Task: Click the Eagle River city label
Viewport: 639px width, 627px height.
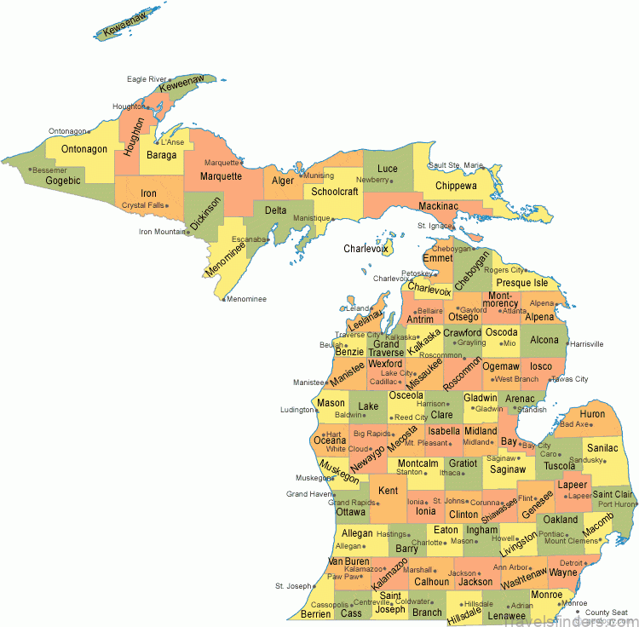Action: click(146, 79)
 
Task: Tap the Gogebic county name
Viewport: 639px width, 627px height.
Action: click(62, 181)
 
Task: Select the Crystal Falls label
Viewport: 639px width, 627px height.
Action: click(142, 205)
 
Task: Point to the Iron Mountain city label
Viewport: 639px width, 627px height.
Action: click(162, 231)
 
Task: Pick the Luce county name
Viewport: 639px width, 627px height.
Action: click(388, 169)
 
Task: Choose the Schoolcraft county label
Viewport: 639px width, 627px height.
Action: click(335, 192)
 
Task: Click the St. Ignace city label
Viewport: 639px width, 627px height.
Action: click(435, 226)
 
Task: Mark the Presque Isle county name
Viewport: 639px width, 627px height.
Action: click(522, 283)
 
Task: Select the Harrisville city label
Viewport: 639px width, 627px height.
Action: click(586, 344)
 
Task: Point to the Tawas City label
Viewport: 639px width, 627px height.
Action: click(571, 379)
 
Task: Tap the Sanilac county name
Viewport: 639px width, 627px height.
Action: click(603, 447)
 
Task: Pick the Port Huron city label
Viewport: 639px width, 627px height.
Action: click(617, 504)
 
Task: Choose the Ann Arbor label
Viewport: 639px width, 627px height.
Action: click(510, 567)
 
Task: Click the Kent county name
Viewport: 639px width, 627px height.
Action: click(388, 491)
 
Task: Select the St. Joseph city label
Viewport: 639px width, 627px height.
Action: click(292, 586)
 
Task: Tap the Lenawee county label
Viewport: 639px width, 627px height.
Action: click(506, 615)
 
